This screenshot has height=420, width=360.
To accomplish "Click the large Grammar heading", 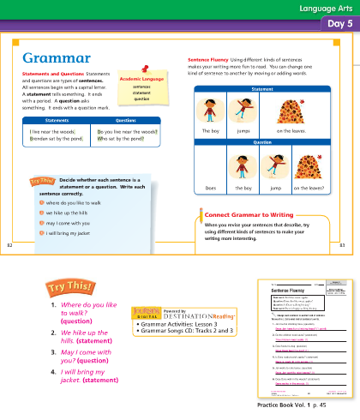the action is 57,57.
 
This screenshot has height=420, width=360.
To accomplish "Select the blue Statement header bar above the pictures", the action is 264,88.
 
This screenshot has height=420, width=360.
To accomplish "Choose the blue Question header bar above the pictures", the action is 264,141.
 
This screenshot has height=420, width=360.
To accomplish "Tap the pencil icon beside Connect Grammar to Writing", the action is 198,213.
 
